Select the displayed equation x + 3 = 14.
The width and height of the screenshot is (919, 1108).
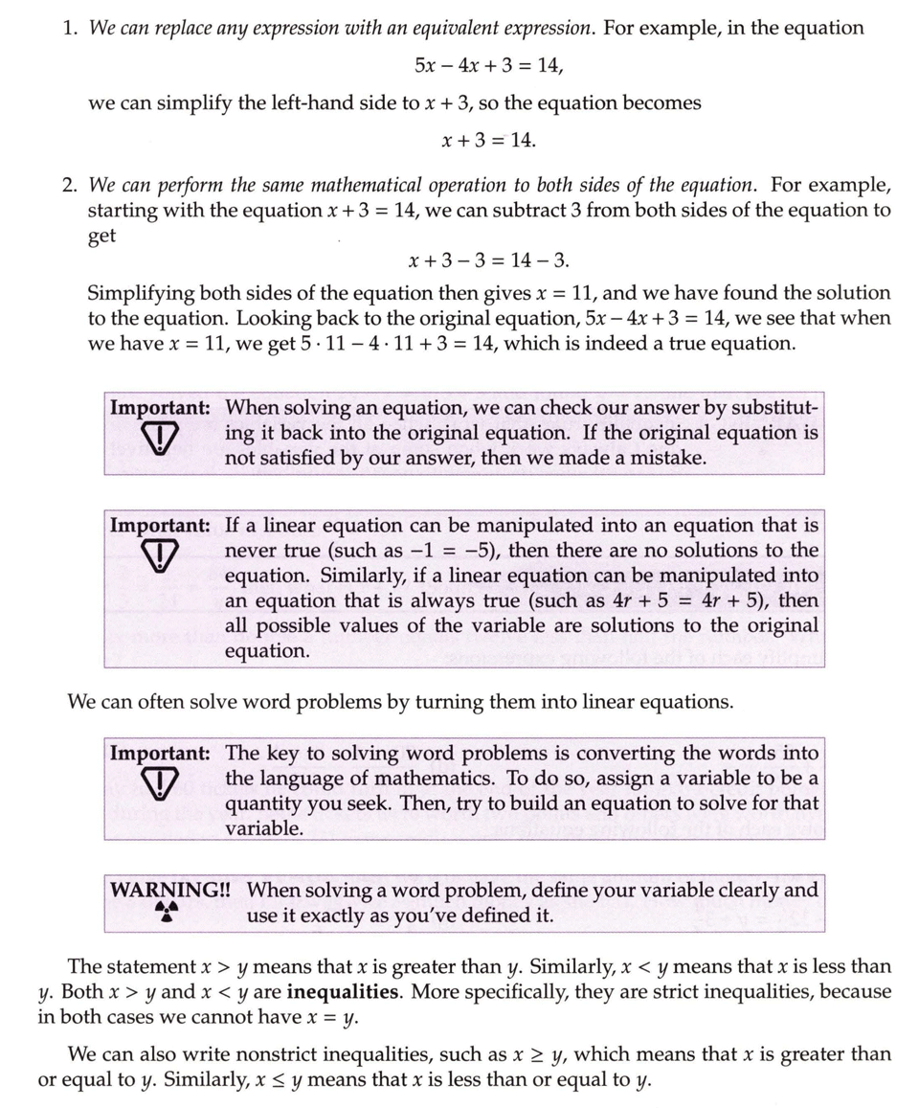pos(488,140)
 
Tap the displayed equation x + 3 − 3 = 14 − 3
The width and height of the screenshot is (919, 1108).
pos(488,260)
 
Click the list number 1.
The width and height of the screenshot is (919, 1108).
pos(69,28)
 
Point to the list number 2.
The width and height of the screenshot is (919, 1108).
pos(69,185)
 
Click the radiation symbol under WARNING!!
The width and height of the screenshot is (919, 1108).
pos(168,914)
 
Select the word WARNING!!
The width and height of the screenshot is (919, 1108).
pos(170,890)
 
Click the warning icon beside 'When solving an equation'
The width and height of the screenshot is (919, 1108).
pos(159,437)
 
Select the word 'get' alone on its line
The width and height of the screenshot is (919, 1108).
pos(101,236)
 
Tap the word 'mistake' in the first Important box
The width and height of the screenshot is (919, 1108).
pos(669,458)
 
